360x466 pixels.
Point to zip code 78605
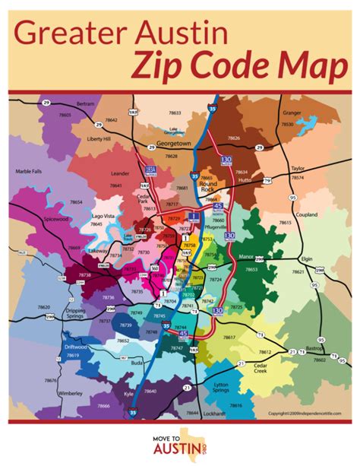click(65, 114)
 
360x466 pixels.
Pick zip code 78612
click(265, 352)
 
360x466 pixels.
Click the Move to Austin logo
click(179, 442)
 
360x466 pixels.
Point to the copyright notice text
click(302, 414)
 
